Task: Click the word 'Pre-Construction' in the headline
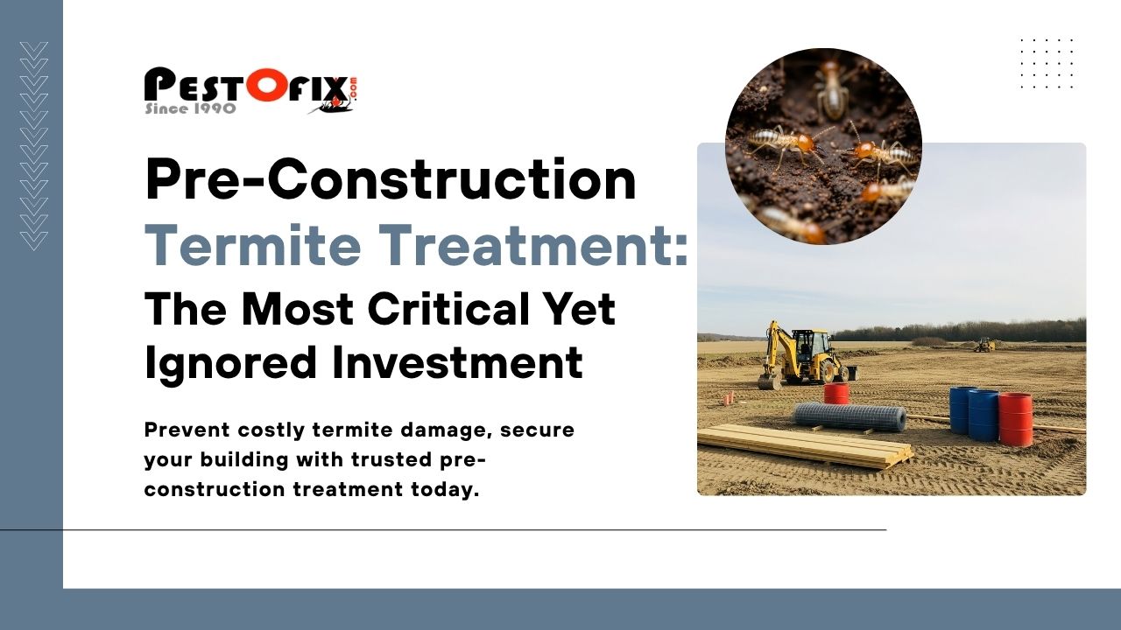point(391,179)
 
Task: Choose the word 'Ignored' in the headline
point(230,363)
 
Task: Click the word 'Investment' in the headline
point(457,361)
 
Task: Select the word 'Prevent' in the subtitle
point(187,430)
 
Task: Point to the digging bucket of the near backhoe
point(769,381)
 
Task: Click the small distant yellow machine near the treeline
point(984,345)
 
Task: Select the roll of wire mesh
point(850,417)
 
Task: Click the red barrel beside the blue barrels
point(1015,419)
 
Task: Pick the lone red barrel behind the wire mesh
point(836,394)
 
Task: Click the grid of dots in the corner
point(1047,64)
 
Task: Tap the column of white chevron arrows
point(34,146)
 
